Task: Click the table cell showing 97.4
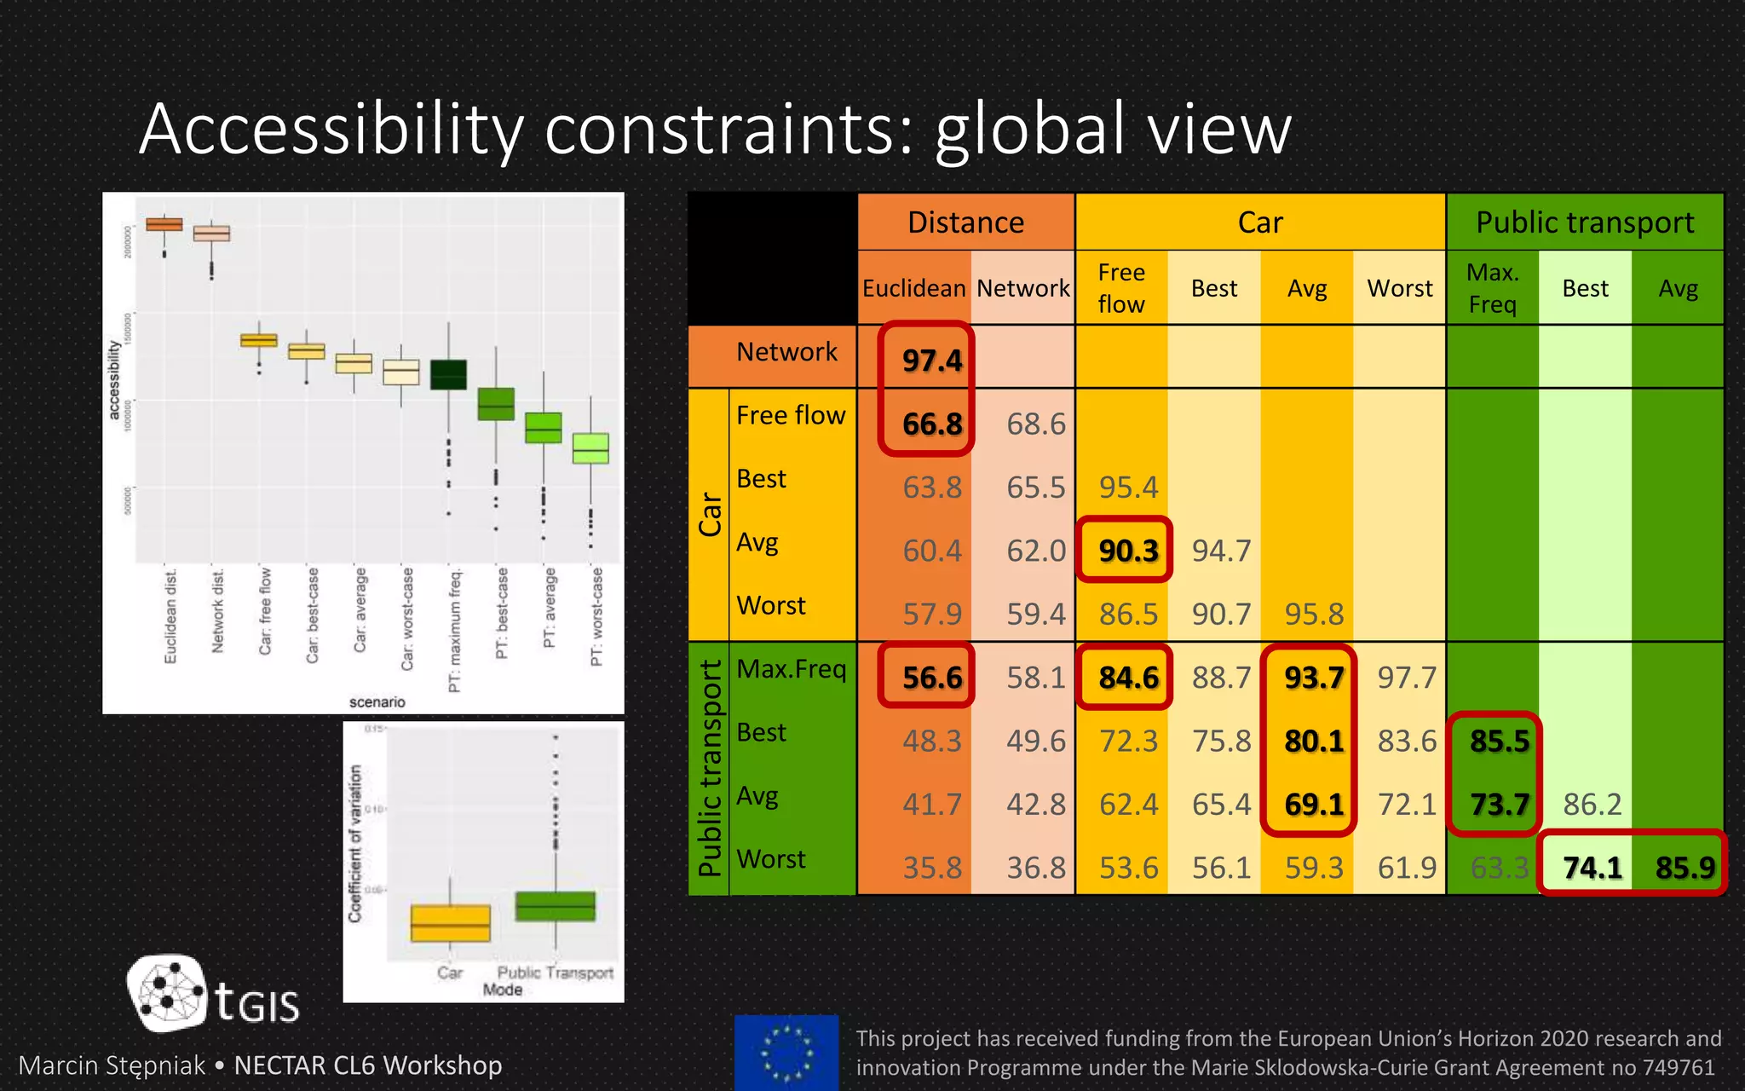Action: point(931,361)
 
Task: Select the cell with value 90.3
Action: point(1127,551)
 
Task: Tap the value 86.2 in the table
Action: point(1591,804)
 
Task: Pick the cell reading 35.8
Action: point(931,868)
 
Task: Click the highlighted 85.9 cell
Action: point(1684,868)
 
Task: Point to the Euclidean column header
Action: point(913,288)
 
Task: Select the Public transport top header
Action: point(1584,222)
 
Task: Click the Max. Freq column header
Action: point(1492,288)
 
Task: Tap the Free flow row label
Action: point(790,415)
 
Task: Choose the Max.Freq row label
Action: point(791,669)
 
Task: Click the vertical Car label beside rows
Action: point(710,514)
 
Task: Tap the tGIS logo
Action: point(213,994)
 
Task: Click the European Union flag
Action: point(786,1052)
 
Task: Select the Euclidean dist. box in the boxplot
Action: point(164,224)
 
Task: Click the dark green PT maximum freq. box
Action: point(448,374)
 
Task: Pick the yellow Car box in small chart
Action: point(450,923)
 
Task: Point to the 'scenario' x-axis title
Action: point(377,702)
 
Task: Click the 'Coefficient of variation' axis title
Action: point(355,843)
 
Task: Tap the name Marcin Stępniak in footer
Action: point(112,1065)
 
